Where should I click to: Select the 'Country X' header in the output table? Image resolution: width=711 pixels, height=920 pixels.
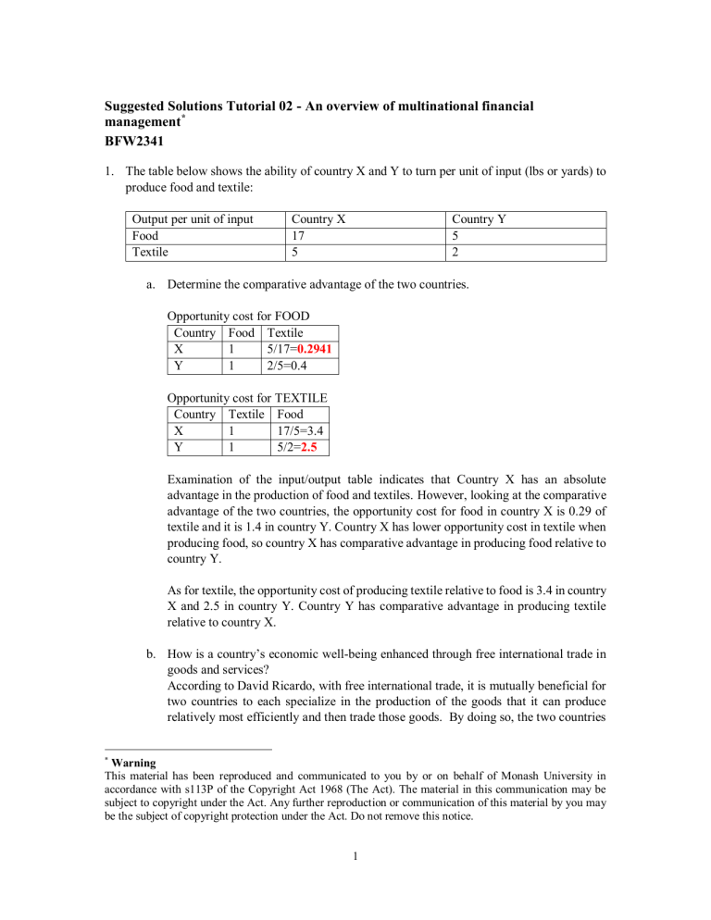click(x=319, y=218)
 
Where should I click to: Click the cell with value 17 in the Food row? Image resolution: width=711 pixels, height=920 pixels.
click(x=299, y=235)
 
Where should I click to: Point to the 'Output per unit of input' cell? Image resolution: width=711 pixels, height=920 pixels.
click(x=193, y=218)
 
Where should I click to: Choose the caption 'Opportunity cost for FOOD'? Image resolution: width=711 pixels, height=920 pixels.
click(x=238, y=317)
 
